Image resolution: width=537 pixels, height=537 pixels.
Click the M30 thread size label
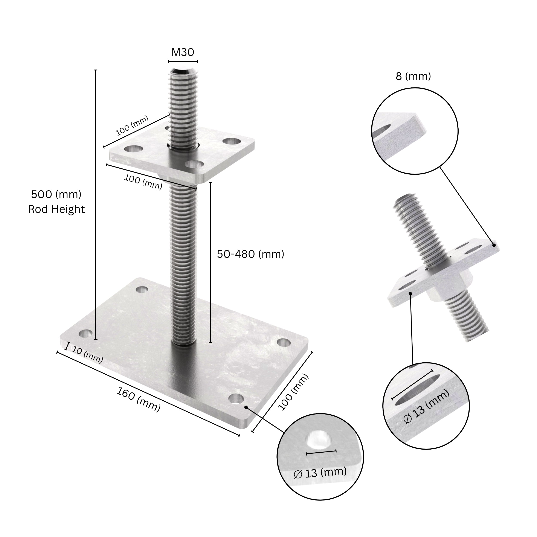183,52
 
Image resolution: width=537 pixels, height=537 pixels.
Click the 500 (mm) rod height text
56,194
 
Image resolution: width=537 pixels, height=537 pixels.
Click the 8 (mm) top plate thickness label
413,76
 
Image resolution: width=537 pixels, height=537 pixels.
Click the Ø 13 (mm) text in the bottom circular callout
320,473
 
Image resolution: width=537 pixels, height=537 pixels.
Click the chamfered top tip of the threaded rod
183,72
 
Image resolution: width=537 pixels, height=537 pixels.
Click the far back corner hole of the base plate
142,289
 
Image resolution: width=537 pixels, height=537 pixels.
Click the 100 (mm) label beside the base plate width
293,392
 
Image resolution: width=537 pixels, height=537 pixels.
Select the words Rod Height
56,209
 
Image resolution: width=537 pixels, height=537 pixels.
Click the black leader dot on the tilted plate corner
494,245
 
